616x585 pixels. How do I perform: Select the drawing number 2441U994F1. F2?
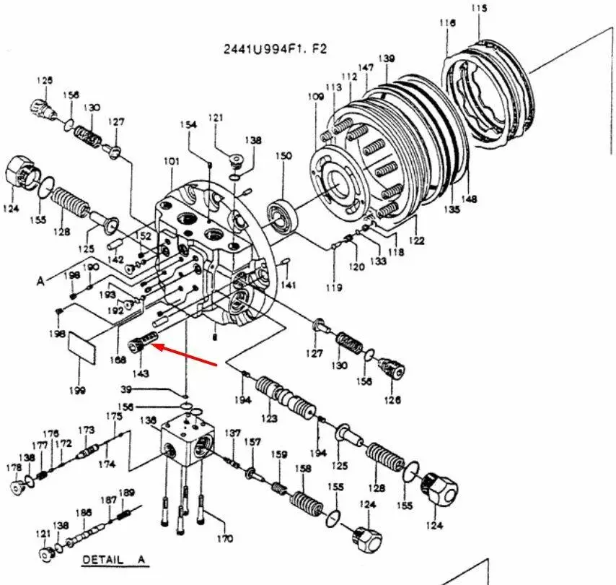coord(274,49)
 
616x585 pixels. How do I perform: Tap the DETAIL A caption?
coord(113,560)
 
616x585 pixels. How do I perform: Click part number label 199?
coord(77,390)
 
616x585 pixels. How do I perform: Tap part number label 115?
coord(480,9)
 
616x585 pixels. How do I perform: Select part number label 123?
coord(269,418)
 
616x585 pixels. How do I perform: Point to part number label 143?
coord(140,373)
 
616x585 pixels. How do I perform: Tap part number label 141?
coord(289,285)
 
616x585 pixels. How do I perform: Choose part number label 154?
coord(188,125)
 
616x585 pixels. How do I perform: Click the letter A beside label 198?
coord(40,281)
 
